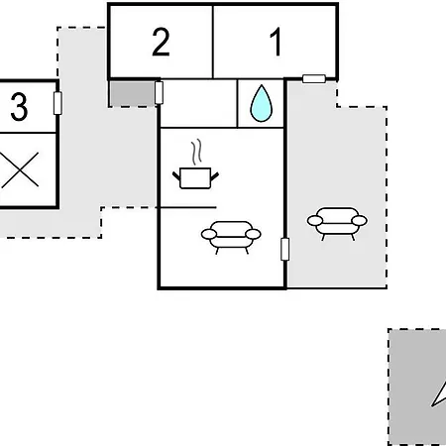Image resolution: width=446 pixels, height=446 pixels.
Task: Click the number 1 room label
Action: [276, 42]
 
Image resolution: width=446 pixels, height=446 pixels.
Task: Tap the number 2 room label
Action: [161, 42]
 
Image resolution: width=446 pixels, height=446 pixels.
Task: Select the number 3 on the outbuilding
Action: [19, 106]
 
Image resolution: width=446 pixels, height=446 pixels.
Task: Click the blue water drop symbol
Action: [262, 103]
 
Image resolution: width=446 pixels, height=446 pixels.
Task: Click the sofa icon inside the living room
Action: [231, 237]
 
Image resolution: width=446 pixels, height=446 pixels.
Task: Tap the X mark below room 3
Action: [20, 169]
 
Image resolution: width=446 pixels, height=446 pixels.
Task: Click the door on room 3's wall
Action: [57, 103]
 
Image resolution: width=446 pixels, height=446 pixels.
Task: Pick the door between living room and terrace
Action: [284, 249]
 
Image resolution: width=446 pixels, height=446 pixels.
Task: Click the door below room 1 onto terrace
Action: [314, 78]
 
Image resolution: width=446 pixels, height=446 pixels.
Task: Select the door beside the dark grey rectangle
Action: [159, 92]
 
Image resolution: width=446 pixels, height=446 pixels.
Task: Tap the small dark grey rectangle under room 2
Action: [132, 94]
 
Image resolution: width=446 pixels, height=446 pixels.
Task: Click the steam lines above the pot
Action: [196, 152]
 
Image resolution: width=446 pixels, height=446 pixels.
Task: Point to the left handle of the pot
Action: [176, 175]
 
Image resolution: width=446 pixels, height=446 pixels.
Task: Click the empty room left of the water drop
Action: [198, 103]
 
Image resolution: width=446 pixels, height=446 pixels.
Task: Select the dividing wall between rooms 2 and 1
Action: [213, 42]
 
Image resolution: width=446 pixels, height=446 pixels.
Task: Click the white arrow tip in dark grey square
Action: [433, 405]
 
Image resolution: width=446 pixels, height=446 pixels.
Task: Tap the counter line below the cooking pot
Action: [186, 207]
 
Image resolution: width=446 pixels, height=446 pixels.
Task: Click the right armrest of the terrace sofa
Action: [360, 220]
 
